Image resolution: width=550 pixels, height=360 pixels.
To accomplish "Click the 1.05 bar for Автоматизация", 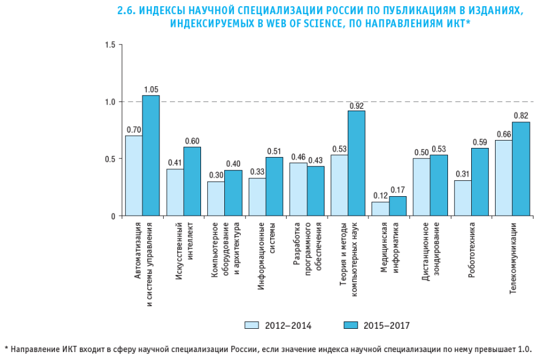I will click(x=151, y=156).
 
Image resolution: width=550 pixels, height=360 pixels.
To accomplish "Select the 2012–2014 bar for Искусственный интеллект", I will click(x=175, y=193).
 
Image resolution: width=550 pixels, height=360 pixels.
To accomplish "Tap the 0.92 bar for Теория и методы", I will click(x=356, y=163).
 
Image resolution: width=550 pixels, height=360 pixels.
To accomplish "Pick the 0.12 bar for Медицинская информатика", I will click(x=380, y=209).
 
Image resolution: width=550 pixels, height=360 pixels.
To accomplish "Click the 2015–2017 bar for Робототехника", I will click(x=480, y=182).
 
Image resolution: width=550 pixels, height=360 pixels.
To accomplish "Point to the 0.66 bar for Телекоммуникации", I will click(x=504, y=178).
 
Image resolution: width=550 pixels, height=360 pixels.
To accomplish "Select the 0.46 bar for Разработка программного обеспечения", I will click(x=298, y=189).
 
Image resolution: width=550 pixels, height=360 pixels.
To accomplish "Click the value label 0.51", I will click(x=274, y=152).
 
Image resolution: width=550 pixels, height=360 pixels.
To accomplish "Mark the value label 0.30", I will click(x=216, y=175).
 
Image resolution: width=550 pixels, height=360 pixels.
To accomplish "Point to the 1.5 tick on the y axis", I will click(x=110, y=45).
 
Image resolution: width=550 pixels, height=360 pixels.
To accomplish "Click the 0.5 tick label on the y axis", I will click(x=110, y=159).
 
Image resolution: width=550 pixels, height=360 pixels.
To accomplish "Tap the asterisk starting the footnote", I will click(x=7, y=349).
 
